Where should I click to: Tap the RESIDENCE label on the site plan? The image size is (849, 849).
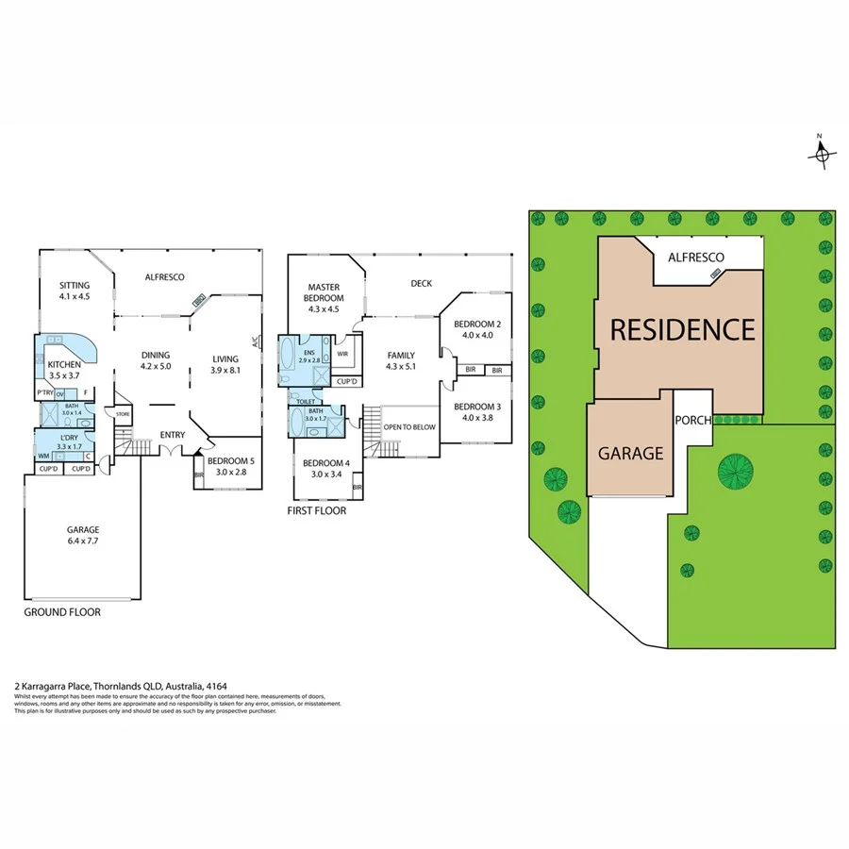pos(682,329)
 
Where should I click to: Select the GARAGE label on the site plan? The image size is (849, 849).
pos(630,453)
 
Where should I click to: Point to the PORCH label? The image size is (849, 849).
pos(692,420)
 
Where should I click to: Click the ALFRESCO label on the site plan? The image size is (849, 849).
pos(695,257)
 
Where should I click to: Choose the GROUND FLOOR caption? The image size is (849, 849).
pos(62,612)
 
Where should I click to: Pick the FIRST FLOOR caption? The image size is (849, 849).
pos(317,510)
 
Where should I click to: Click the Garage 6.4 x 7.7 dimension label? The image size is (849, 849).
pos(83,535)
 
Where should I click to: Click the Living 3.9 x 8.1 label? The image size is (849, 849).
pos(225,363)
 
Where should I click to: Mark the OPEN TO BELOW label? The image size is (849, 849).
pos(409,427)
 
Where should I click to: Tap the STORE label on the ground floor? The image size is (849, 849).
pos(122,413)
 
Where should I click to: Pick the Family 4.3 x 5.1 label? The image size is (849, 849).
pos(401,360)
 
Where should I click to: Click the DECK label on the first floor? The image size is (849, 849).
pos(421,283)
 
